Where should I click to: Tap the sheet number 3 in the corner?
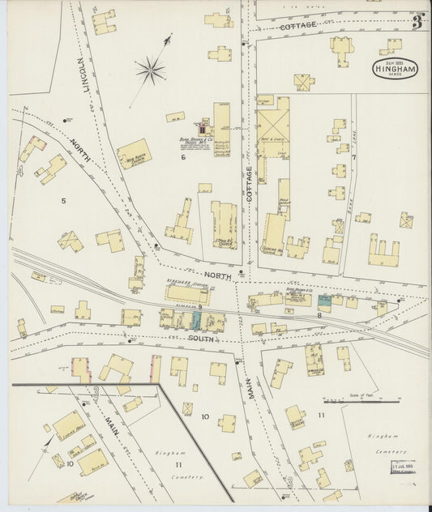point(417,22)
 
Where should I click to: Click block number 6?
point(184,157)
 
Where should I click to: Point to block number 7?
point(353,156)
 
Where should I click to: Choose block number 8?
point(319,315)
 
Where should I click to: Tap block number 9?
point(199,307)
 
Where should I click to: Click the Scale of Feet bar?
point(361,400)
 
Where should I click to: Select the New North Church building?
point(135,154)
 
